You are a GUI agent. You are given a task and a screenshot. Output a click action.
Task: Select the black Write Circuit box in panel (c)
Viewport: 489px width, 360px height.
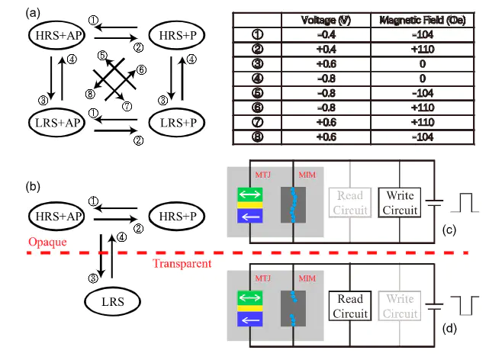[401, 204]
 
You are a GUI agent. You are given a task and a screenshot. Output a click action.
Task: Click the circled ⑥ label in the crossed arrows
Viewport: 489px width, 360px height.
[141, 70]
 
